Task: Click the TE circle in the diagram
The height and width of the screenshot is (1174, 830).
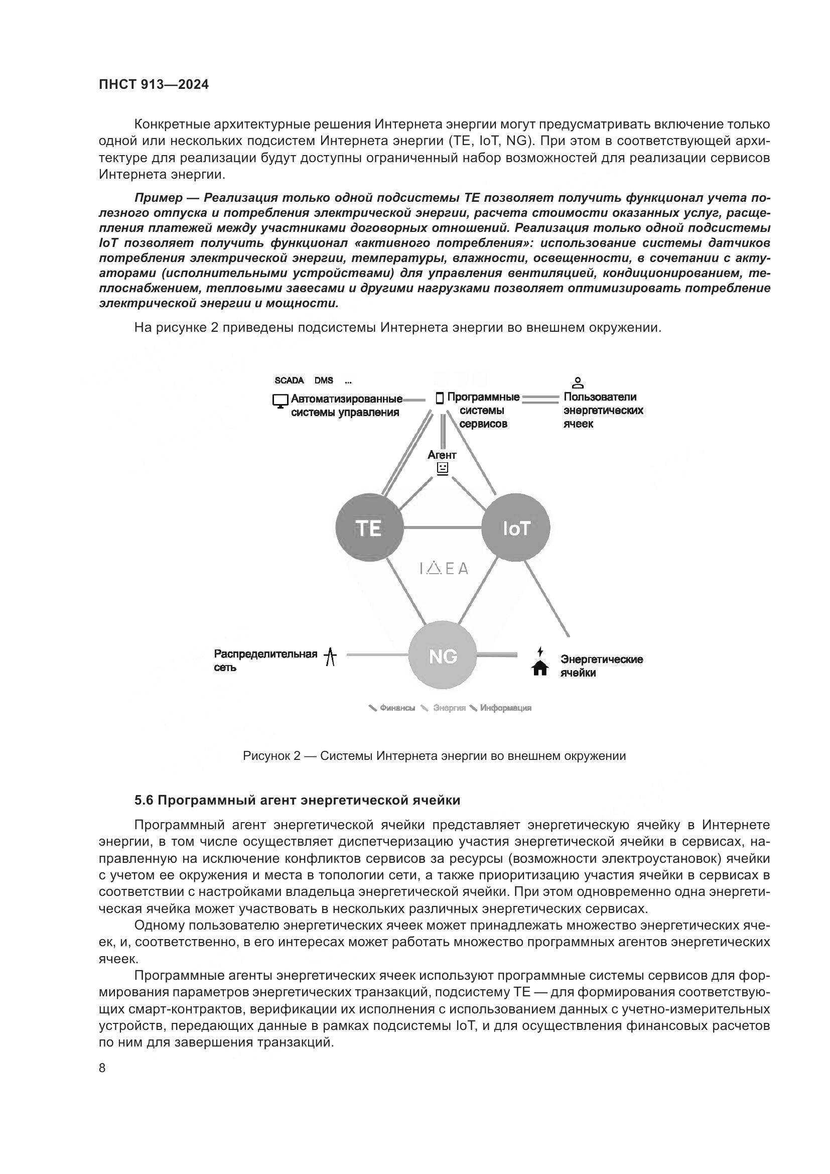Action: [x=369, y=527]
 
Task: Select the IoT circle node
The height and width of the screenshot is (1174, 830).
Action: [x=516, y=527]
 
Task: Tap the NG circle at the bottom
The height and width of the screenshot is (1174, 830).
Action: [x=443, y=656]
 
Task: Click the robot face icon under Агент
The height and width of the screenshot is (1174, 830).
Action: [x=443, y=468]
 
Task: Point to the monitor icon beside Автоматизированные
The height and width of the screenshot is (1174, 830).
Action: [x=280, y=401]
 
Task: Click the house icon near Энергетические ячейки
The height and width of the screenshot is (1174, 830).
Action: [x=540, y=668]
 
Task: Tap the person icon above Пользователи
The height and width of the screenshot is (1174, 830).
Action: [x=578, y=382]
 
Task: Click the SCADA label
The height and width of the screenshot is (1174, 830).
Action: [x=289, y=380]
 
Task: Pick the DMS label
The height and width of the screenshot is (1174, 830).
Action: [x=324, y=380]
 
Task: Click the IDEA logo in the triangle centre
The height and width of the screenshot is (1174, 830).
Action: [x=443, y=568]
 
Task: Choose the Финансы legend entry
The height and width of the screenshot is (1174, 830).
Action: [x=397, y=708]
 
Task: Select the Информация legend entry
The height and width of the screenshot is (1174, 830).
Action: [x=505, y=708]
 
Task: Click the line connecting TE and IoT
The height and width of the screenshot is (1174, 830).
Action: [x=443, y=527]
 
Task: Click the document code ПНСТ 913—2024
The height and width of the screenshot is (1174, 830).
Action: [x=154, y=85]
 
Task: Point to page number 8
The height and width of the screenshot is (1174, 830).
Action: [x=102, y=1068]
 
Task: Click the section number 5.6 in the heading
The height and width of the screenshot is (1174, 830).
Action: [x=144, y=800]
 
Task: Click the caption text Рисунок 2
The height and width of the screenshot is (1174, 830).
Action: [x=271, y=756]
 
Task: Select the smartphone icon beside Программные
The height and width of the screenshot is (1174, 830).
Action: [x=439, y=399]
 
